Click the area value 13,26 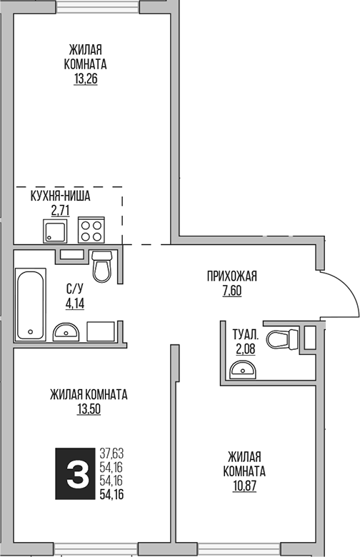(x=85, y=79)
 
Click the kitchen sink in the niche (x=54, y=231)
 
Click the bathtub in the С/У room (x=31, y=304)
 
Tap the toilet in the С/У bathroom (x=101, y=267)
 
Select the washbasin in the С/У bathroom (x=67, y=331)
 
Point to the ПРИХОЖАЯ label (x=231, y=276)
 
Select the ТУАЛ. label (x=245, y=333)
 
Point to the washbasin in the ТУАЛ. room (x=244, y=368)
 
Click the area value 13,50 (x=89, y=408)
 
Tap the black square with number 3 (x=75, y=471)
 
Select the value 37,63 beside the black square (x=111, y=452)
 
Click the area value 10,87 (x=245, y=486)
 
